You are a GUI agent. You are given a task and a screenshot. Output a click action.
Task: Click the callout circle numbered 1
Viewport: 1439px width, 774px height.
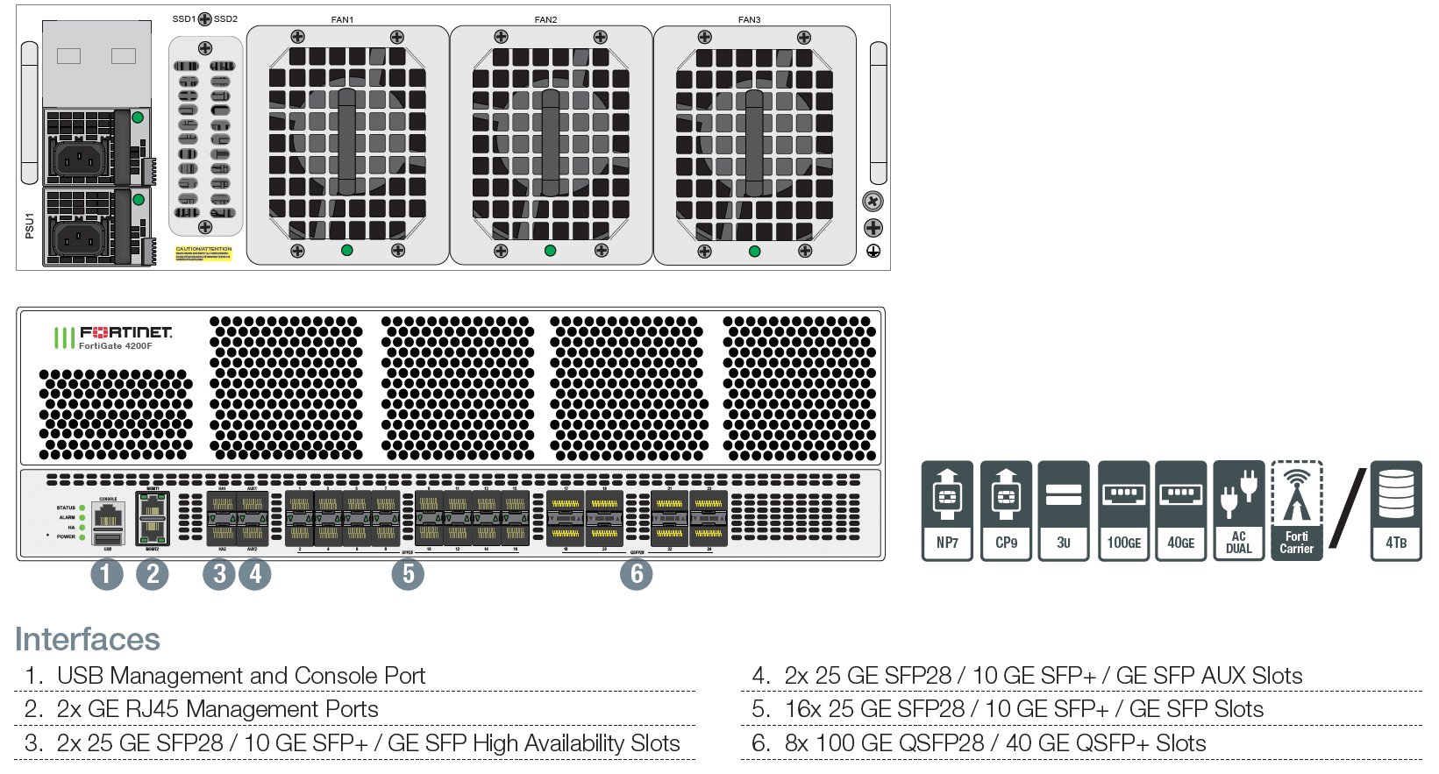[x=107, y=575]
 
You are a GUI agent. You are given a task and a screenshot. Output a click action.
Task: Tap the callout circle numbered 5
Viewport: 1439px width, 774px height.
[x=408, y=575]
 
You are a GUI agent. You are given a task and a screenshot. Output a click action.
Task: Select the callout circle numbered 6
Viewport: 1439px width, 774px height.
[x=637, y=575]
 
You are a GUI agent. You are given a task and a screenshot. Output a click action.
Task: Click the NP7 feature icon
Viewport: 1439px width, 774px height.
[x=947, y=511]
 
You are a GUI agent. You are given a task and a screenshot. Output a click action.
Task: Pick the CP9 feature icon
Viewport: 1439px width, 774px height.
[x=1006, y=511]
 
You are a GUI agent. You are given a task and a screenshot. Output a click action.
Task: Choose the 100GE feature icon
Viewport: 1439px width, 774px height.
[x=1123, y=511]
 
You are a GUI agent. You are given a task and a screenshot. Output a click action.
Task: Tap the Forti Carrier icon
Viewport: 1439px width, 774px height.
[x=1296, y=511]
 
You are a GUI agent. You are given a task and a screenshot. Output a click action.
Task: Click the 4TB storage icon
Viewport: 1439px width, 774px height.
[x=1396, y=511]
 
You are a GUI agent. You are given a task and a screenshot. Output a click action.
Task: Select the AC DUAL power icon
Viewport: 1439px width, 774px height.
[x=1238, y=511]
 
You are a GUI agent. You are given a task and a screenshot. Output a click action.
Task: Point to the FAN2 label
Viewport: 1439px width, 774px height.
[x=545, y=19]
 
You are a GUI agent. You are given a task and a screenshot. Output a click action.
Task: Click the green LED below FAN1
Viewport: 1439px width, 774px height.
[x=347, y=251]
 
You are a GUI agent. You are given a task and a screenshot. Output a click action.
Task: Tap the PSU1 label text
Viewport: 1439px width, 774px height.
[x=29, y=225]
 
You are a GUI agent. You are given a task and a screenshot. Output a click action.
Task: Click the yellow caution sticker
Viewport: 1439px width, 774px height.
[x=203, y=253]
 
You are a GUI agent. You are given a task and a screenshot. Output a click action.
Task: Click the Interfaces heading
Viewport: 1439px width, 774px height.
[x=88, y=640]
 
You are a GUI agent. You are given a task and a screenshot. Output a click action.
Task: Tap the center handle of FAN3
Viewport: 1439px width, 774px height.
[x=754, y=142]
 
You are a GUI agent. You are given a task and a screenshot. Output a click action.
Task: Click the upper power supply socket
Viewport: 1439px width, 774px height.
[x=81, y=159]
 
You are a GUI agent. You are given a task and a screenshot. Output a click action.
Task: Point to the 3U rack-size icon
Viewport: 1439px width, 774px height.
[x=1063, y=511]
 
